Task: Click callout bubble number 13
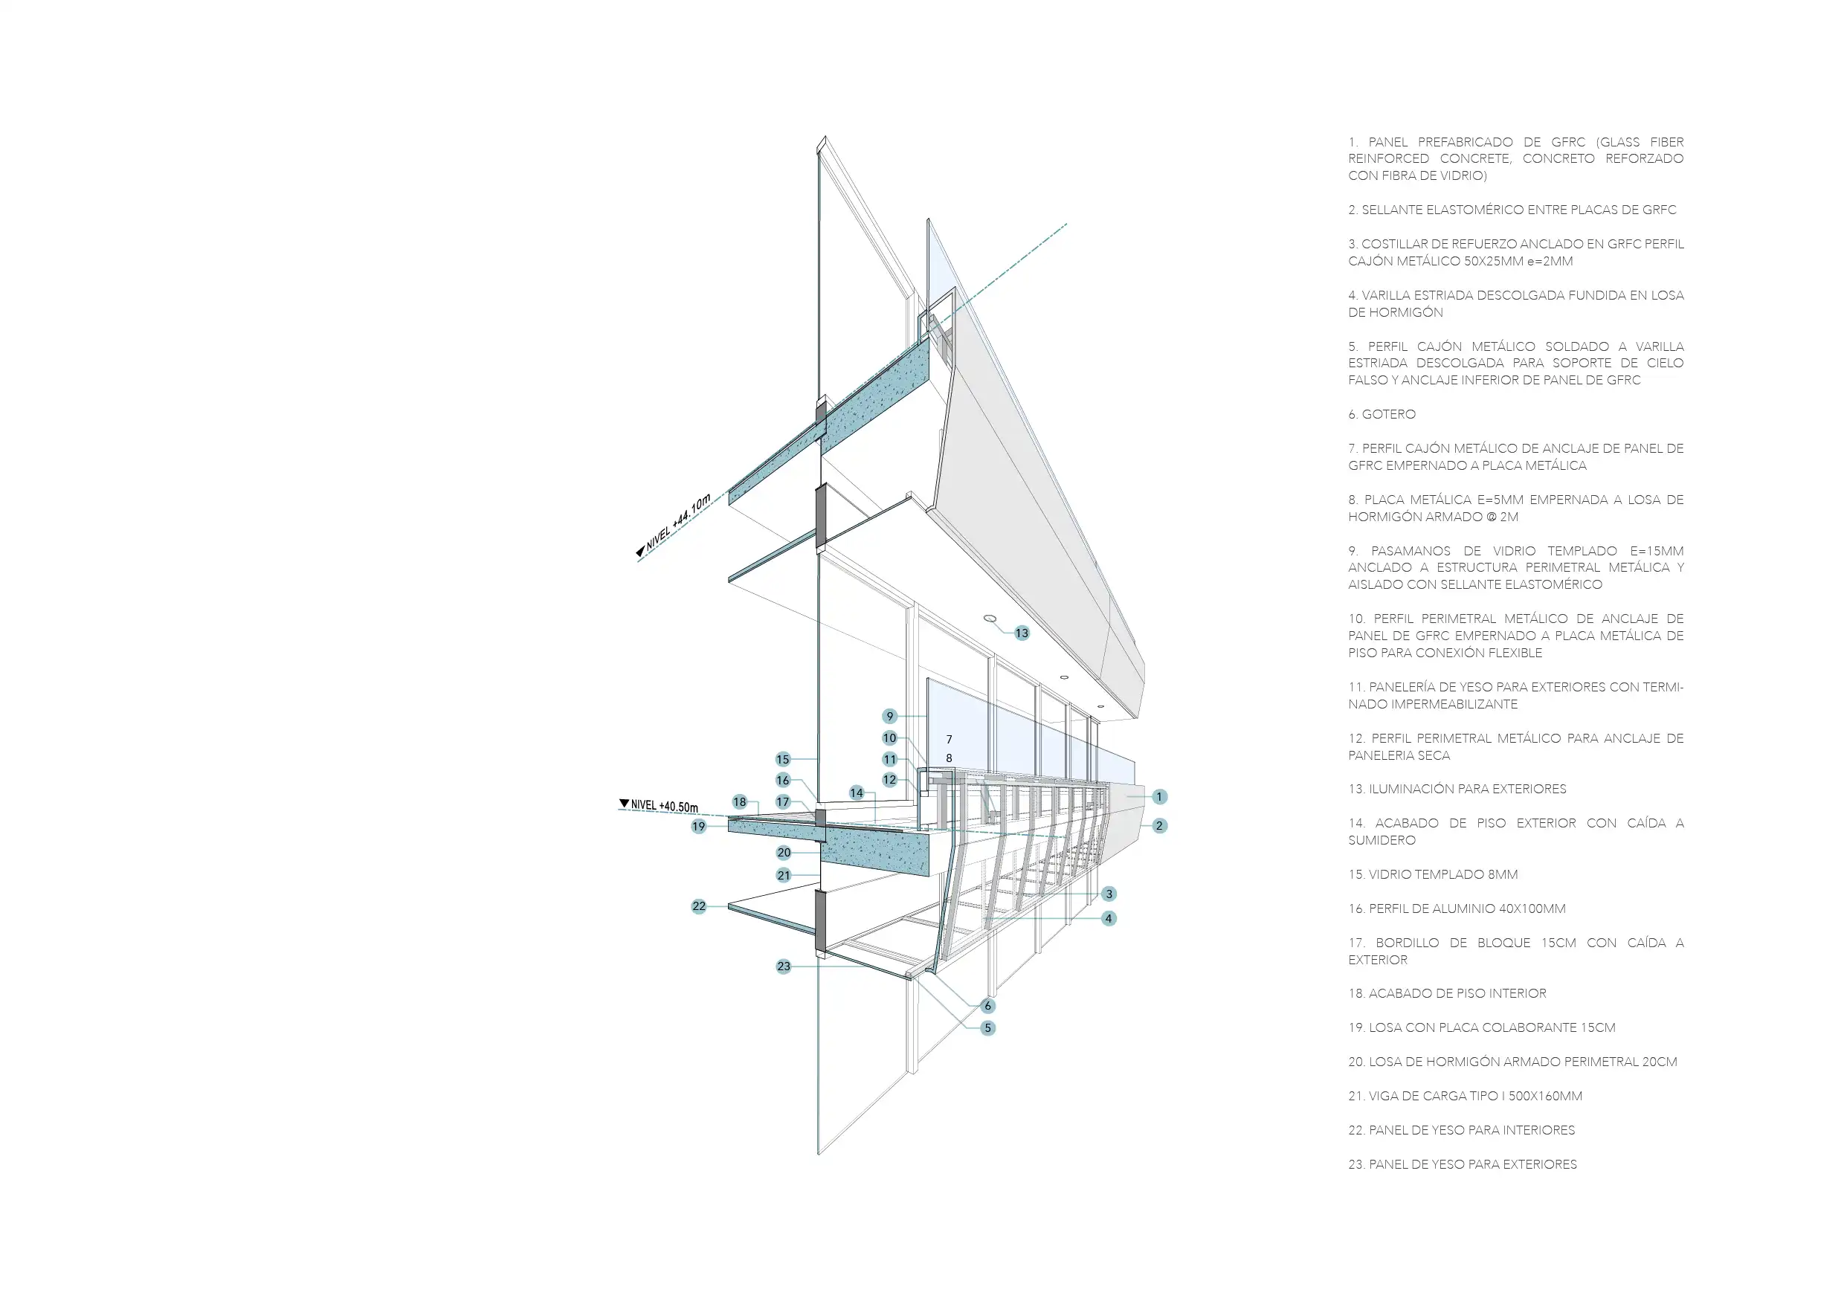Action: pyautogui.click(x=1022, y=633)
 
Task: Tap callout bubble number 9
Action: pyautogui.click(x=889, y=715)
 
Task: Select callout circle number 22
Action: pyautogui.click(x=699, y=906)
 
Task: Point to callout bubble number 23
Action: pyautogui.click(x=784, y=966)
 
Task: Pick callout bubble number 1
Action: pyautogui.click(x=1159, y=796)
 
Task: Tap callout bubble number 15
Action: pyautogui.click(x=783, y=759)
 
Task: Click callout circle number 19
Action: pyautogui.click(x=699, y=826)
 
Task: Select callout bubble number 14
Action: pyautogui.click(x=856, y=793)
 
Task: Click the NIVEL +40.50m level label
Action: pyautogui.click(x=664, y=806)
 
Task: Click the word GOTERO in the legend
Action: pyautogui.click(x=1389, y=414)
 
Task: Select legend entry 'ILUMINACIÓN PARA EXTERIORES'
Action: pyautogui.click(x=1467, y=789)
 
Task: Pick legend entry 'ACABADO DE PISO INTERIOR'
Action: pyautogui.click(x=1457, y=993)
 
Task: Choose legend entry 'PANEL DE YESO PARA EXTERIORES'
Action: pyautogui.click(x=1472, y=1164)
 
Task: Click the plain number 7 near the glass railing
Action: pyautogui.click(x=950, y=740)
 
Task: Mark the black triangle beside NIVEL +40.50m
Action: pyautogui.click(x=624, y=803)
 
